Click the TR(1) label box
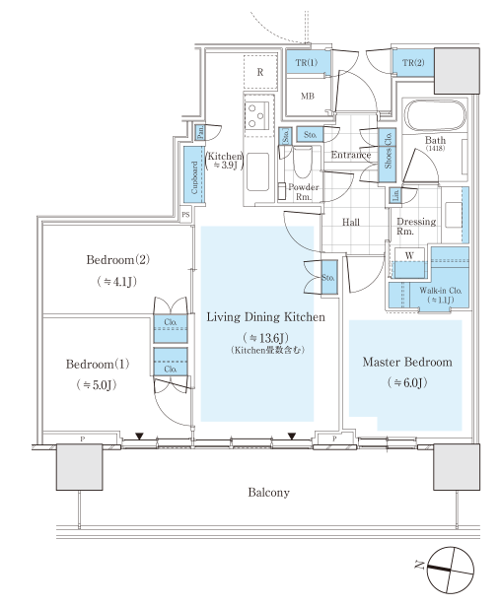(x=308, y=62)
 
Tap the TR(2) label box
(x=413, y=62)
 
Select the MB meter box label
(x=308, y=96)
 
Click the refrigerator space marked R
(x=260, y=72)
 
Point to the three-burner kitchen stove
(x=256, y=114)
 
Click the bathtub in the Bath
(x=435, y=116)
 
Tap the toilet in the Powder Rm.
(x=303, y=162)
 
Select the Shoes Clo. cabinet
(x=388, y=156)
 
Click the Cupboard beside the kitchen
(x=194, y=174)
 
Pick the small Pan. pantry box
(x=200, y=133)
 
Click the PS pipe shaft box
(x=186, y=214)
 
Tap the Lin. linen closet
(x=395, y=195)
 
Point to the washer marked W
(x=409, y=263)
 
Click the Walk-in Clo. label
(x=441, y=291)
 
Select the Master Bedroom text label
(x=407, y=362)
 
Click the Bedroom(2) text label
(x=117, y=259)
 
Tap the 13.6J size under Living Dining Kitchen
(x=266, y=338)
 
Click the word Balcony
(x=269, y=493)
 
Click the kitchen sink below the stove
(x=258, y=171)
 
